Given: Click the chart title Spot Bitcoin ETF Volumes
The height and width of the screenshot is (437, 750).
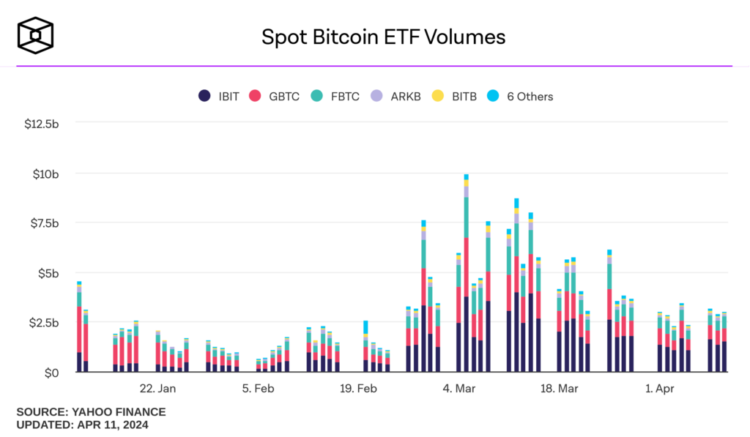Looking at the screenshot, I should pos(383,37).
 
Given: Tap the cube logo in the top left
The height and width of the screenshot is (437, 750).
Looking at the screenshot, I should pos(36,36).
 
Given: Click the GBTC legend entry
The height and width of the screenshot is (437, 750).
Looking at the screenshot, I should pos(275,97).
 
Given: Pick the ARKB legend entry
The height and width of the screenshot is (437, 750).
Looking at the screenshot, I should pos(397,97).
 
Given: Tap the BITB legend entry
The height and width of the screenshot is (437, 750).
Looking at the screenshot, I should pos(455,97).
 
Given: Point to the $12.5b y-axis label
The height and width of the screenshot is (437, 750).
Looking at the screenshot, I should pos(41,124).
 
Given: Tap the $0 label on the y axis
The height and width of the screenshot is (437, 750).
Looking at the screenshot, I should pos(51,373).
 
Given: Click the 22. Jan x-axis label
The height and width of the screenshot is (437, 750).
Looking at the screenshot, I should pos(157,389).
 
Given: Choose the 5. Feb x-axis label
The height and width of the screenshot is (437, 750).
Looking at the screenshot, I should pos(259,389).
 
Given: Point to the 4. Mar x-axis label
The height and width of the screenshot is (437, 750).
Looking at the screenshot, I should pos(459,389).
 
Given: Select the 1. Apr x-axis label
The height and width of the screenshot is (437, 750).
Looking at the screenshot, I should pos(659,389).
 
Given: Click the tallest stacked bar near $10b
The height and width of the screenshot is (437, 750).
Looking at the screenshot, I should pos(466,278).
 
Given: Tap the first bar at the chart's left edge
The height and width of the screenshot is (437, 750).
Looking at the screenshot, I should pos(79,329).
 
